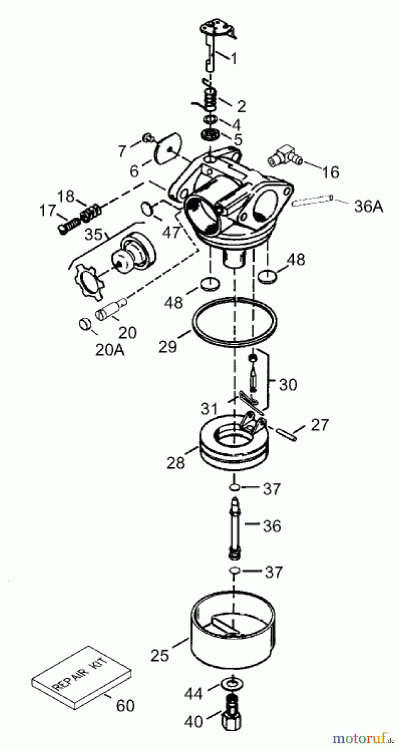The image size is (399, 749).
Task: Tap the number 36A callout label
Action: click(x=368, y=206)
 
